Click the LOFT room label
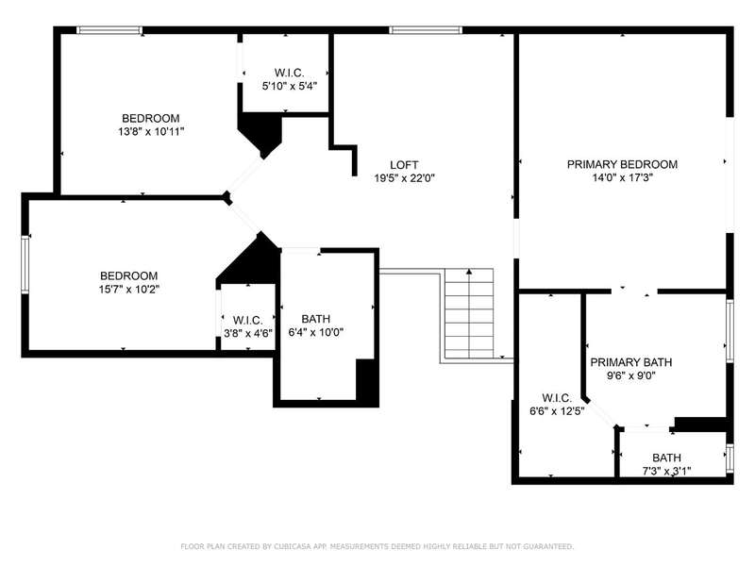pyautogui.click(x=404, y=165)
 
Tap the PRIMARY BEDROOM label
pyautogui.click(x=622, y=164)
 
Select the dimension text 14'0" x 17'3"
pyautogui.click(x=622, y=177)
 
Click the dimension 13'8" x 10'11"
pyautogui.click(x=151, y=131)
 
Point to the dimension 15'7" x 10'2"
pyautogui.click(x=129, y=290)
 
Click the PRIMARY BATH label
pyautogui.click(x=630, y=362)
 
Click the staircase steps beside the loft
pyautogui.click(x=469, y=313)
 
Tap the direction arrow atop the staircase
pyautogui.click(x=469, y=273)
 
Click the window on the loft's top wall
pyautogui.click(x=426, y=30)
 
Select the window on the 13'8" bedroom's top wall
pyautogui.click(x=109, y=30)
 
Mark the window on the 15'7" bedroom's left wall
pyautogui.click(x=25, y=265)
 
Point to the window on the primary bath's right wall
pyautogui.click(x=730, y=331)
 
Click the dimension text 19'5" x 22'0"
pyautogui.click(x=405, y=178)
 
